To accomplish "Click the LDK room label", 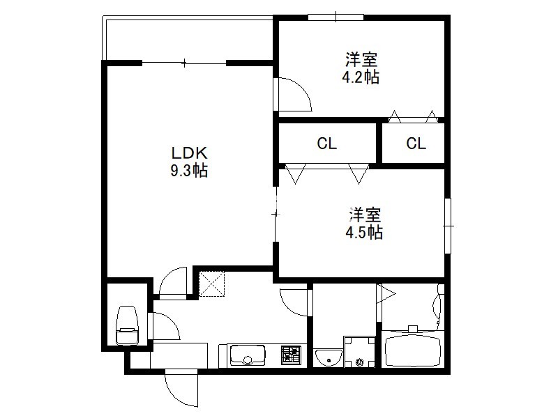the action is pyautogui.click(x=189, y=153).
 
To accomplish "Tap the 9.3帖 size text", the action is pyautogui.click(x=189, y=171).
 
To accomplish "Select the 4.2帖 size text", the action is pyautogui.click(x=361, y=77).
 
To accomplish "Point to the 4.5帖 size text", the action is pyautogui.click(x=364, y=233).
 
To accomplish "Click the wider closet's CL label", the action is pyautogui.click(x=326, y=144).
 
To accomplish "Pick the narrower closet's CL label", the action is pyautogui.click(x=416, y=144).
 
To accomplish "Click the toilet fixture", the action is pyautogui.click(x=127, y=325).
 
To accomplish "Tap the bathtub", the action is pyautogui.click(x=413, y=350).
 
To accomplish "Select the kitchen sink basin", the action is pyautogui.click(x=248, y=355).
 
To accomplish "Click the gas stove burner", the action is pyautogui.click(x=291, y=355).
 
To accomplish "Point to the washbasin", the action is pyautogui.click(x=328, y=357).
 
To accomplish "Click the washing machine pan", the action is pyautogui.click(x=359, y=352).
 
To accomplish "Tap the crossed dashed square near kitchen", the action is pyautogui.click(x=212, y=284).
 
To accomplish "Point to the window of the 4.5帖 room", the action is pyautogui.click(x=448, y=226).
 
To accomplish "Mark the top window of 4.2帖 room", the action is pyautogui.click(x=335, y=17).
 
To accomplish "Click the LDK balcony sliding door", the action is pyautogui.click(x=184, y=63).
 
